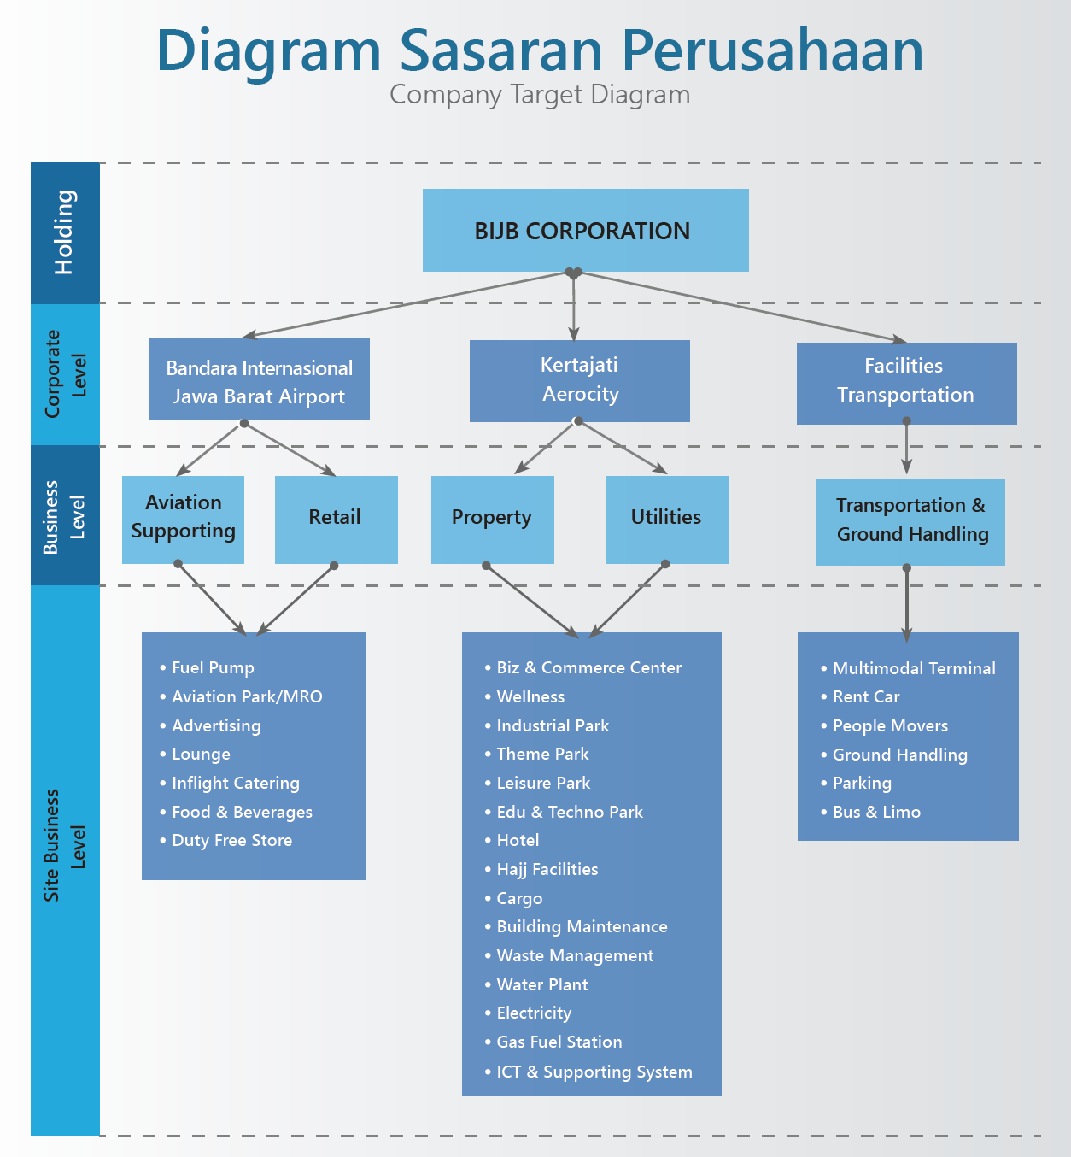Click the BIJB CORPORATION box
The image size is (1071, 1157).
[x=585, y=230]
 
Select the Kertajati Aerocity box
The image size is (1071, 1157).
[x=579, y=380]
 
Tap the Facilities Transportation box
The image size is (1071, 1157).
[x=907, y=383]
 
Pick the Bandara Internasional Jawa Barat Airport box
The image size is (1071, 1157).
[x=259, y=379]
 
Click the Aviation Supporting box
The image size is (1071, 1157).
[x=183, y=520]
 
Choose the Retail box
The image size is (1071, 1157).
[x=336, y=520]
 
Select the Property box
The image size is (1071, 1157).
[x=493, y=520]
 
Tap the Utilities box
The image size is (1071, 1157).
[x=667, y=520]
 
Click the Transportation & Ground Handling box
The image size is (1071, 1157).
[x=910, y=521]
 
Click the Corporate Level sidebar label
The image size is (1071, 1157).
[x=65, y=374]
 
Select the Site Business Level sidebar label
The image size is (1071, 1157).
[x=64, y=845]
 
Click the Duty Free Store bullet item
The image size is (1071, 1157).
[x=226, y=840]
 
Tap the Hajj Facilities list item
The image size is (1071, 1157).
[x=541, y=869]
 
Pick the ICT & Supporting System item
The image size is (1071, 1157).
[x=588, y=1072]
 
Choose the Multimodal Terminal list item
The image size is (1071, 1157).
[x=908, y=668]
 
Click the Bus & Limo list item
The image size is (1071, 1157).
[x=870, y=812]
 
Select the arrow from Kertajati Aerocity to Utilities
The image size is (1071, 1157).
[x=623, y=447]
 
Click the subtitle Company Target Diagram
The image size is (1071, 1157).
[x=540, y=95]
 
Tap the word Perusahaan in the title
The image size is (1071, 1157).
[x=773, y=51]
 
